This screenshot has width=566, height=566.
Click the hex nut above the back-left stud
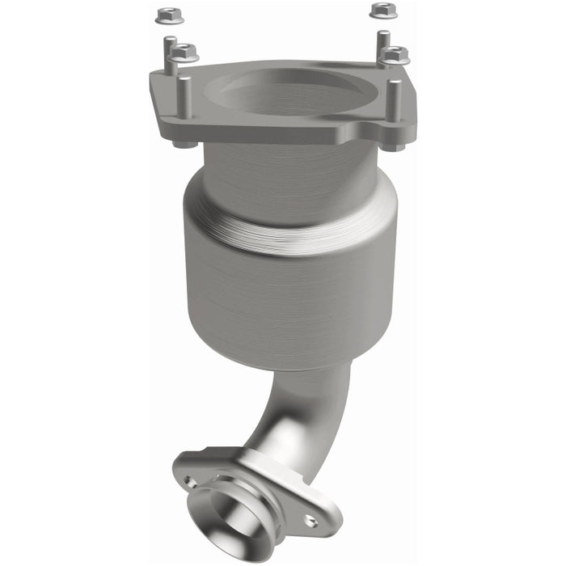point(168,15)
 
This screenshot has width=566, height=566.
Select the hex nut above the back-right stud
point(382,11)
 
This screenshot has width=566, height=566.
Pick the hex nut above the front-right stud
point(395,55)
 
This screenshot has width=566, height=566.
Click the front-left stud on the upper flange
point(184,95)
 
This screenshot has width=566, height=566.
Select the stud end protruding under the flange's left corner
point(184,145)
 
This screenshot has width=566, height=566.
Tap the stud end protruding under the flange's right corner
point(394,146)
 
